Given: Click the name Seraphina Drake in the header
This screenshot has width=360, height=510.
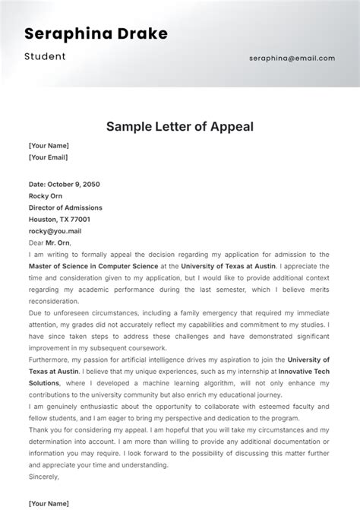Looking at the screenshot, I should click(x=96, y=33).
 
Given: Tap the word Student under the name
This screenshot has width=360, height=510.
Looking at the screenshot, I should click(x=45, y=56).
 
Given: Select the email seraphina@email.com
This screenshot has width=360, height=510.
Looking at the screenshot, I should click(x=292, y=58).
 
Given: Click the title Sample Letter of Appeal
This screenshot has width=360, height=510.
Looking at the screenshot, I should click(x=179, y=126).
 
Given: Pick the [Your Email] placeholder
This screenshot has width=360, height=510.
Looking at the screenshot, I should click(x=48, y=157).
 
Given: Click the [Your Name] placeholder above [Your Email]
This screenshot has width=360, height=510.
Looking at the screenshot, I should click(x=49, y=145).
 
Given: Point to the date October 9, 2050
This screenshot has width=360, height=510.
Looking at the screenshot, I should click(x=65, y=184).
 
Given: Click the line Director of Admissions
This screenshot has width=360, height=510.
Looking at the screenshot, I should click(x=65, y=207).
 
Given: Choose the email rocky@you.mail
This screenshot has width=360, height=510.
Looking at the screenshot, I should click(x=55, y=231).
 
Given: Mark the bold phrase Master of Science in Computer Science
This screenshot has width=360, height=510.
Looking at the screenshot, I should click(x=93, y=266).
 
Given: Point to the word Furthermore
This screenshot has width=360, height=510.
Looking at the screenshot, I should click(x=55, y=360).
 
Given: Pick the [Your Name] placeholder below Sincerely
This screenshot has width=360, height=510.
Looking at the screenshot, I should click(x=49, y=502).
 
